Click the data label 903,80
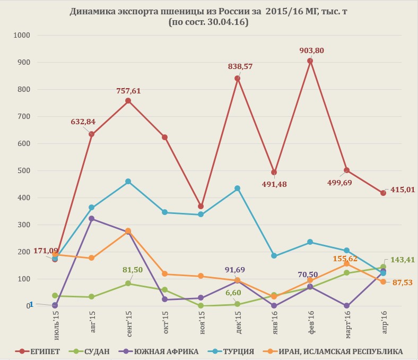[x=312, y=50]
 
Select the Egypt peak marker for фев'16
[x=310, y=61]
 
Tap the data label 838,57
[x=240, y=66]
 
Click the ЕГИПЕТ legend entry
[x=38, y=351]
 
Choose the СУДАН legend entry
[x=93, y=351]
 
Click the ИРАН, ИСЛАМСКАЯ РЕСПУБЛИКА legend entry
[x=336, y=351]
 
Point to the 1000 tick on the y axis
[x=23, y=35]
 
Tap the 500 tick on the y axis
[x=25, y=170]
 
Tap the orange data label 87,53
[x=402, y=282]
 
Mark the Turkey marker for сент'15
[x=128, y=182]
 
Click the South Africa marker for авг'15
[x=92, y=218]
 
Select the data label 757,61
[x=128, y=91]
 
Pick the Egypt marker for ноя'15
[x=201, y=206]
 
